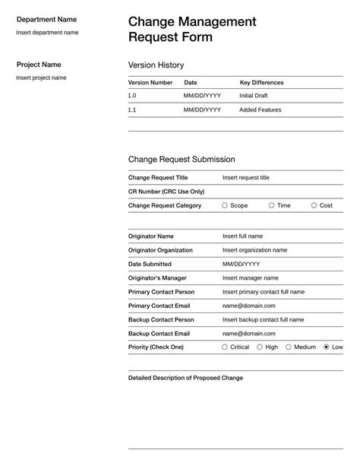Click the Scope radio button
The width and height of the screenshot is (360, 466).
click(x=225, y=205)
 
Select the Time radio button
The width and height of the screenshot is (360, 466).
click(x=272, y=205)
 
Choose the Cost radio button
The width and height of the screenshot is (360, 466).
click(x=314, y=205)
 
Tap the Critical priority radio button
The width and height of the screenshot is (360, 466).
click(x=225, y=347)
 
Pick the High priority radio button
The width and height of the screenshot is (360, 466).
click(x=260, y=347)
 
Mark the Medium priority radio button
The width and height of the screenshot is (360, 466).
click(x=289, y=347)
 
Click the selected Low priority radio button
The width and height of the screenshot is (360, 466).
click(x=327, y=347)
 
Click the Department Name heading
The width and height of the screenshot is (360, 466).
click(x=46, y=19)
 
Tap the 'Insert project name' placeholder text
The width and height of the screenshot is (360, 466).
click(x=41, y=78)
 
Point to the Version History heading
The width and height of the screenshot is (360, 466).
click(x=156, y=65)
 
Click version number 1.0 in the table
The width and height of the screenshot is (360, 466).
click(x=132, y=96)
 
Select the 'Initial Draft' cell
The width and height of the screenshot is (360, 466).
click(x=253, y=96)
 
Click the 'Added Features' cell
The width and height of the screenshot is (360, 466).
click(x=260, y=109)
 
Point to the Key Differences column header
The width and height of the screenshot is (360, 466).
click(x=261, y=82)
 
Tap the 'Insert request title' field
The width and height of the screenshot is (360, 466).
click(x=245, y=177)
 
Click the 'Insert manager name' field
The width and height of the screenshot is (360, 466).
click(x=250, y=278)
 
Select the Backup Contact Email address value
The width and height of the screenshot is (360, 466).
click(x=248, y=333)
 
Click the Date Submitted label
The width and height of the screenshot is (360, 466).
click(x=150, y=265)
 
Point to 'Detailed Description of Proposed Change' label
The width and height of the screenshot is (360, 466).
click(x=185, y=378)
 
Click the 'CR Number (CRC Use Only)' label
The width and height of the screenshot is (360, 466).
click(x=166, y=192)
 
